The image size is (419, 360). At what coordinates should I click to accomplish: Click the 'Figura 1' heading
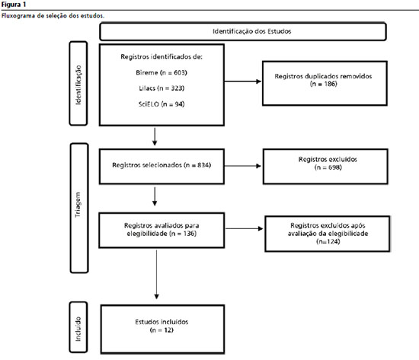point(14,5)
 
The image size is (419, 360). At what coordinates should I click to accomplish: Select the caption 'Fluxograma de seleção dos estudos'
point(53,16)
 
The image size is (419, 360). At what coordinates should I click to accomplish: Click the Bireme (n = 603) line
point(162,72)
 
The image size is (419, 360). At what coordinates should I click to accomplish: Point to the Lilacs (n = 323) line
point(162,88)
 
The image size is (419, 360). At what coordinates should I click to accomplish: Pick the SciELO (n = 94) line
point(162,104)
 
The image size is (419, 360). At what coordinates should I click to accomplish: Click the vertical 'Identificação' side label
point(78,84)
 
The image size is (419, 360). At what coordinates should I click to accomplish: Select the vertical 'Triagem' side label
point(78,205)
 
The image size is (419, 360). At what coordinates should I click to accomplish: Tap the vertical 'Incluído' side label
point(78,329)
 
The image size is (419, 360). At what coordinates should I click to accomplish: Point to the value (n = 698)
point(328,167)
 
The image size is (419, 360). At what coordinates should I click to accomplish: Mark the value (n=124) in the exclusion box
point(328,241)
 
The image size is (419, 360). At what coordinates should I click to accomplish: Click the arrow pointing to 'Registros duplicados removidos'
point(243,81)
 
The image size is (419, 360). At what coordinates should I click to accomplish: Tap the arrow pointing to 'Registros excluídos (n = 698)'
point(243,166)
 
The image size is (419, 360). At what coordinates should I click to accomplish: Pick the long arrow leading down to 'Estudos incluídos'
point(157,275)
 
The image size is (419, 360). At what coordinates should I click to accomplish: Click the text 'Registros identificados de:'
point(162,56)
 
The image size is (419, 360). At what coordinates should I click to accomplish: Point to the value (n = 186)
point(323,84)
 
